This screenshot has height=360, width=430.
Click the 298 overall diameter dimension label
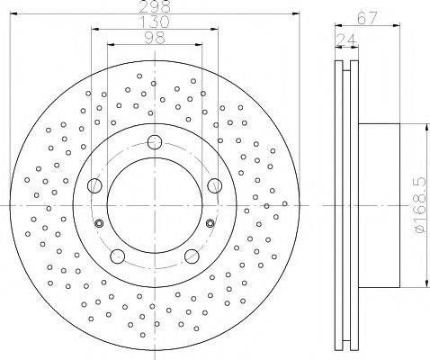click(155, 6)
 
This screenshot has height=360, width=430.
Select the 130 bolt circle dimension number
click(155, 22)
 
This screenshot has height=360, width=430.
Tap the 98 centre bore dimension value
click(155, 38)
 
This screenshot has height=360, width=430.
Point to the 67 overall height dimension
click(367, 19)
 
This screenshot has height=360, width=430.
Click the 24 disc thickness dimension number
click(346, 40)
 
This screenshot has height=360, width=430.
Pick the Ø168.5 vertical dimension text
click(420, 205)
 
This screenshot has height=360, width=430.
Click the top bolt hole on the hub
click(155, 142)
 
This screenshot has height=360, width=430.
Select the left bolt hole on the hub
click(94, 185)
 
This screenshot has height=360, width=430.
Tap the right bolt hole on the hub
click(215, 185)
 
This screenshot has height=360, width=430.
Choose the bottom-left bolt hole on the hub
click(118, 256)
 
